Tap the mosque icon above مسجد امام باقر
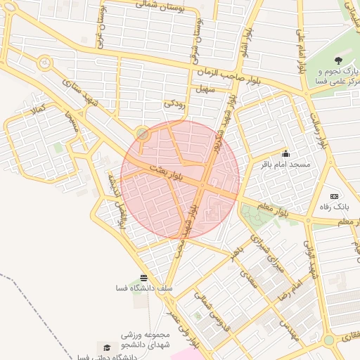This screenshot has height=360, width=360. pyautogui.click(x=285, y=154)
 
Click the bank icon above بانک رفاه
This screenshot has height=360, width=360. pyautogui.click(x=334, y=196)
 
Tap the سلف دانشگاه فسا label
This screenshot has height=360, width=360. pyautogui.click(x=145, y=288)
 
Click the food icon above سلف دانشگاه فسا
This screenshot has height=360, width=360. pyautogui.click(x=144, y=278)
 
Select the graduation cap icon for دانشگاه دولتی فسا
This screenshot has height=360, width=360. pyautogui.click(x=106, y=347)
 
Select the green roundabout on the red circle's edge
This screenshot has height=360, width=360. pyautogui.click(x=143, y=133)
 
